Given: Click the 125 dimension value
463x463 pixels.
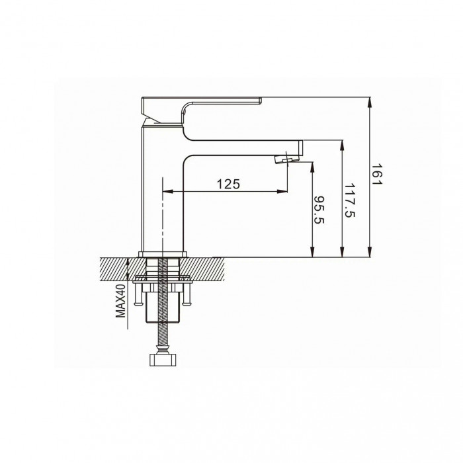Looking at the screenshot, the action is point(228,185).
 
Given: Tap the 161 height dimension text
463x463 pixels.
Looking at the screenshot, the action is point(376,175).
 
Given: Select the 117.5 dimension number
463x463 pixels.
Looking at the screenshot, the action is point(350,200).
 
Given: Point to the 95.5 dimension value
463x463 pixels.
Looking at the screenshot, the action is point(319,210).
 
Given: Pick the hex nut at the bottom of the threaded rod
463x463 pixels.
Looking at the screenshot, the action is point(163,360).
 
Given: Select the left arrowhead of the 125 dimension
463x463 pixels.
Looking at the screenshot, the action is point(167,192).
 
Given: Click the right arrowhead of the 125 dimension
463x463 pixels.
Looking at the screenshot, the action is point(282,192).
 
